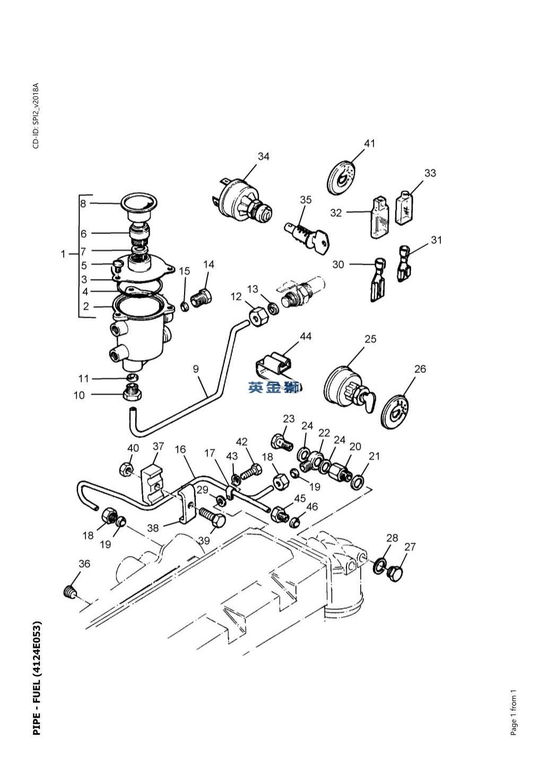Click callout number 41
tap(369, 143)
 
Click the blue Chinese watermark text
tap(274, 387)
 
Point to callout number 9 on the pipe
tap(196, 369)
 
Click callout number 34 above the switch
tap(263, 156)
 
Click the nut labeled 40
tap(125, 470)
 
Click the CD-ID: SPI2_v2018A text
tap(36, 116)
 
